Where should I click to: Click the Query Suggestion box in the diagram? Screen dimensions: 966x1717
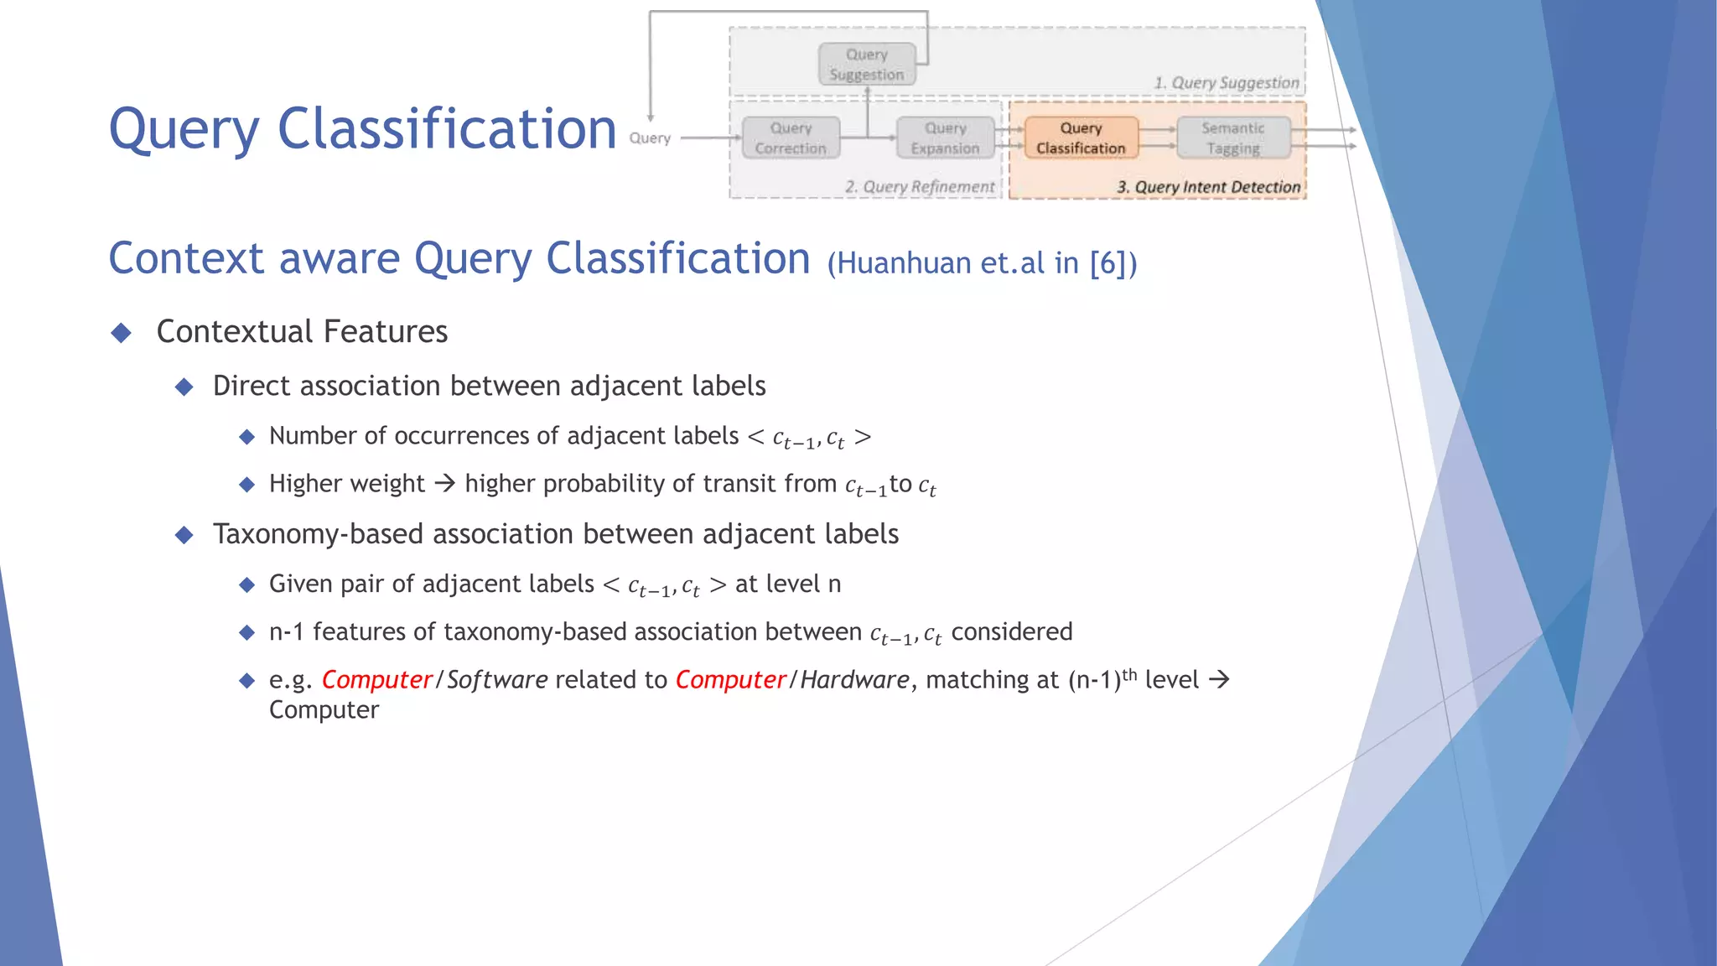pos(867,65)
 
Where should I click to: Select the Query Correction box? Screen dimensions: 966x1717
pos(791,138)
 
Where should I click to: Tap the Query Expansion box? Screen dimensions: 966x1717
pos(945,138)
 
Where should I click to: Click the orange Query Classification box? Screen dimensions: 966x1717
pos(1081,138)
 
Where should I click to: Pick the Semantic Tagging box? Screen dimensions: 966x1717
pos(1232,138)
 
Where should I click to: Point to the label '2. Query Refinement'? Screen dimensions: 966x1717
pos(920,187)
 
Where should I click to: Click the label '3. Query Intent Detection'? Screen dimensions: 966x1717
pos(1208,187)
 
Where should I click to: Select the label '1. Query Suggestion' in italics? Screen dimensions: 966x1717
pos(1226,83)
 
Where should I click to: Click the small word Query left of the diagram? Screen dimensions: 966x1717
pos(650,138)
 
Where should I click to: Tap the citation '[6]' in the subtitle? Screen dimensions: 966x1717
pos(1107,263)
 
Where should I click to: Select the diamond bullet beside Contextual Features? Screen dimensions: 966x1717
pos(122,333)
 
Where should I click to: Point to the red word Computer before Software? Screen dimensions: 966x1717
pos(376,679)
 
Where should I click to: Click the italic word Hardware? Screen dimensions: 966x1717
pos(854,679)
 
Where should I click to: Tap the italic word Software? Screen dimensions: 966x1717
pos(497,679)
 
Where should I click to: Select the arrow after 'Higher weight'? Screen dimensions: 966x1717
pos(444,483)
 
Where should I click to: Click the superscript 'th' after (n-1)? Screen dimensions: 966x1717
pos(1129,673)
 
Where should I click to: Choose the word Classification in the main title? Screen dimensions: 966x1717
pos(447,129)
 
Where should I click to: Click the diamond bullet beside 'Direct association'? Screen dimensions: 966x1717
pos(184,387)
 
